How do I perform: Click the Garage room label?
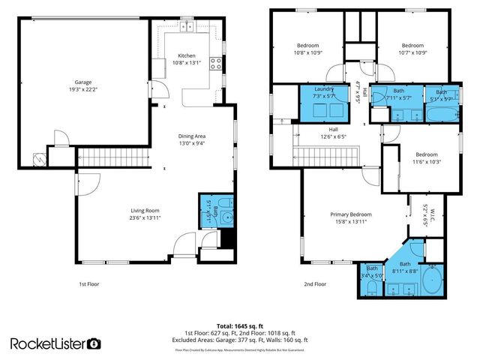pyautogui.click(x=82, y=82)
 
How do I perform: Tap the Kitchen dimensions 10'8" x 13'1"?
pyautogui.click(x=186, y=63)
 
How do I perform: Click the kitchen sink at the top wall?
pyautogui.click(x=186, y=28)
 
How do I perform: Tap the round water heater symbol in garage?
pyautogui.click(x=40, y=159)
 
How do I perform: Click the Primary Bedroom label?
pyautogui.click(x=351, y=214)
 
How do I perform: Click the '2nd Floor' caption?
pyautogui.click(x=315, y=284)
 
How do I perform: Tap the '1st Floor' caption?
pyautogui.click(x=88, y=284)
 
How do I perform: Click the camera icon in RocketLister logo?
pyautogui.click(x=94, y=343)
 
